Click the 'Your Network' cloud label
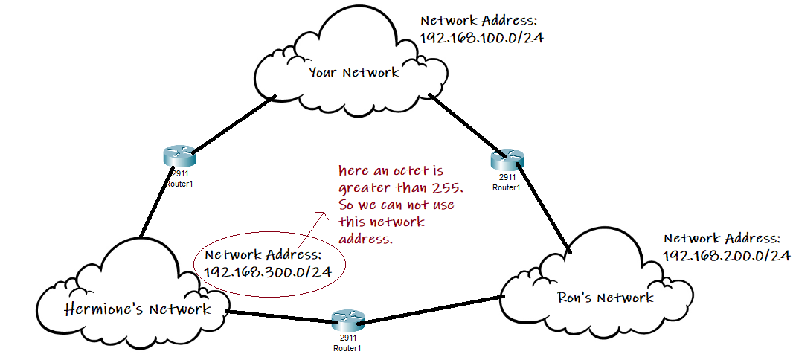tap(354, 72)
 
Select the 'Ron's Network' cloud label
tap(605, 298)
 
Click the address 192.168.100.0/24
tap(481, 38)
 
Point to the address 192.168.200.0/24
tap(725, 255)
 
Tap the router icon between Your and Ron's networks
tap(507, 159)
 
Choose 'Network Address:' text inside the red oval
tap(262, 254)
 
